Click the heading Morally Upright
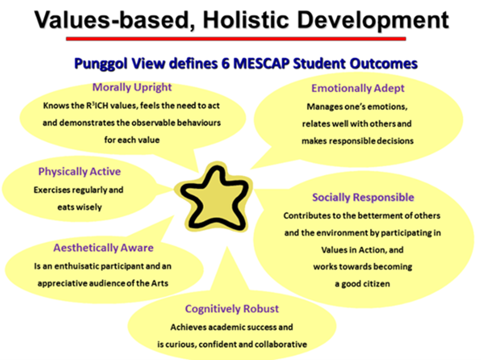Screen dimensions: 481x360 pos(132,87)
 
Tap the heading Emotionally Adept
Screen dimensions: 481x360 pos(358,88)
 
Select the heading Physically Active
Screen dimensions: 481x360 pos(80,172)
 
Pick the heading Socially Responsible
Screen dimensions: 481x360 pos(363,197)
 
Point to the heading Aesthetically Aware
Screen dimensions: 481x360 pos(103,247)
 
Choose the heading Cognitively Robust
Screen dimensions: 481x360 pos(232,309)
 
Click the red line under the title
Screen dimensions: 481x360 pos(236,39)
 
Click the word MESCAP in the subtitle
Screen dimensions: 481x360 pos(261,64)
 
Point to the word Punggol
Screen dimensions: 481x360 pos(100,64)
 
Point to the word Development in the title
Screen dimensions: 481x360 pos(373,21)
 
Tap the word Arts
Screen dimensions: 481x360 pos(160,283)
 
